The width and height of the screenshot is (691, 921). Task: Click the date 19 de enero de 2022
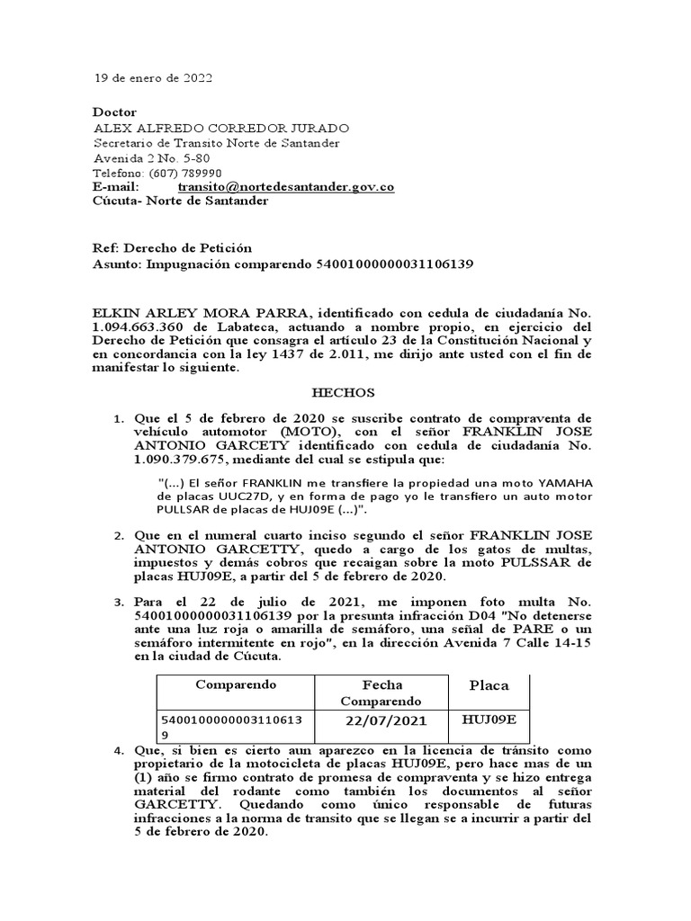tap(154, 78)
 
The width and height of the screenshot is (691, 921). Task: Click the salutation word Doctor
tap(115, 112)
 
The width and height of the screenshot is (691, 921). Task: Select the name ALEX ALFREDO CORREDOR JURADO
tap(221, 128)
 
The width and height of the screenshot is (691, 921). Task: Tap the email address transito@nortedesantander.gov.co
tap(286, 187)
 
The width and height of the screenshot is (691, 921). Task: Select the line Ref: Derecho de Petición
tap(173, 247)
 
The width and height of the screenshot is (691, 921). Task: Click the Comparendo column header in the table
tap(236, 684)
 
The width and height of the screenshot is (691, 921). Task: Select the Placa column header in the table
tap(489, 685)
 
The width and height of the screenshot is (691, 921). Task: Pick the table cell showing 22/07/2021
tap(386, 721)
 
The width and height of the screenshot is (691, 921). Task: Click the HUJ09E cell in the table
tap(489, 720)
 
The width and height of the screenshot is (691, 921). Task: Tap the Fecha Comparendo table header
tap(380, 693)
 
